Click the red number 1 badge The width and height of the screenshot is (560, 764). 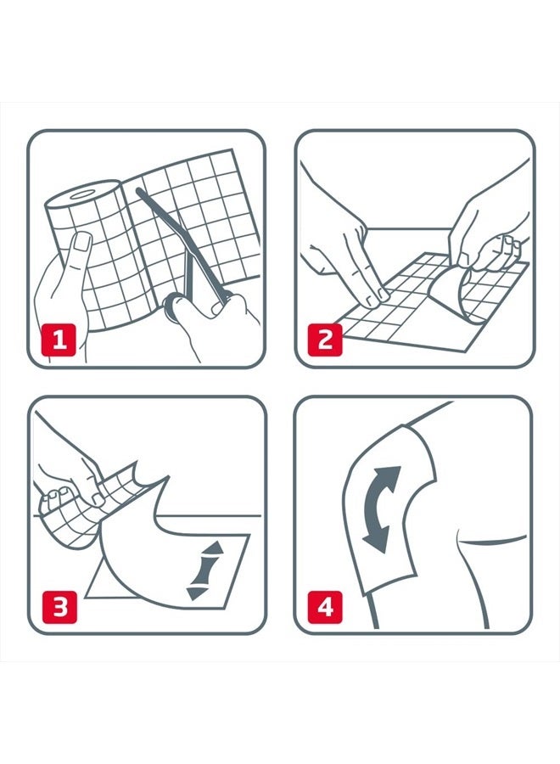point(59,340)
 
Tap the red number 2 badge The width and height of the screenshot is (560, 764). point(325,340)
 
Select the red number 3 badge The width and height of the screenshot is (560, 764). point(59,607)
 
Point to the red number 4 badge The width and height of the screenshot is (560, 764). point(325,607)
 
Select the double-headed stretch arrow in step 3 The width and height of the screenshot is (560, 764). point(205,570)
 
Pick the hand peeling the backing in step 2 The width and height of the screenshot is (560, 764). point(487,229)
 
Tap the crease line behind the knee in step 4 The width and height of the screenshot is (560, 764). point(492,540)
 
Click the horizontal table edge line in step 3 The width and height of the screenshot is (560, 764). point(146,515)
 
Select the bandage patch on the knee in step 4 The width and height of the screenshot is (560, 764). point(389,507)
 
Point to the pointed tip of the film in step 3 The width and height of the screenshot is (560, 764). point(169,476)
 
